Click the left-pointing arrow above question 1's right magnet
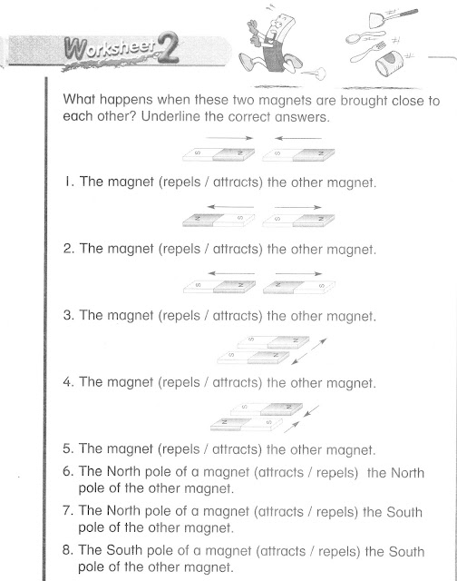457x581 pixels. point(290,138)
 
